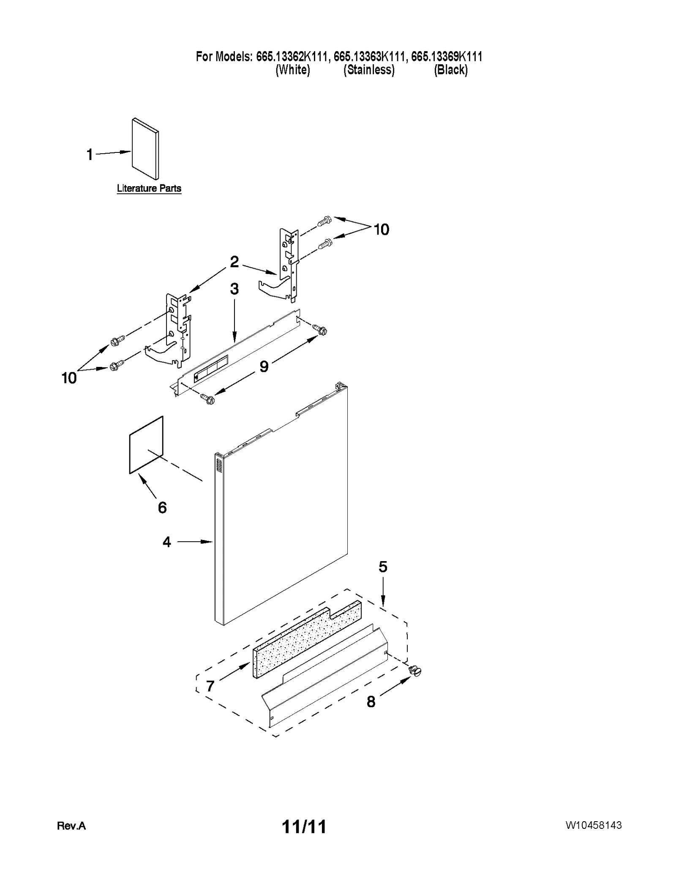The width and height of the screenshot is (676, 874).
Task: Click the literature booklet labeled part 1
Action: [x=145, y=149]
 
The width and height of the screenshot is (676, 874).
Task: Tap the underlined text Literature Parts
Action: [x=149, y=188]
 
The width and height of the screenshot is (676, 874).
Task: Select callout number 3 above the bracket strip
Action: [x=234, y=289]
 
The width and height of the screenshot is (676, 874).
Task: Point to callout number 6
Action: [x=162, y=508]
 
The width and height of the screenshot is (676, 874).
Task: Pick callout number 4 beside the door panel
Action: [x=167, y=542]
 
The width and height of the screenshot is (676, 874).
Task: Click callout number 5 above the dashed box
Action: [x=383, y=567]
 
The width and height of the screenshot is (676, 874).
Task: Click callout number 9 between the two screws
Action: [x=264, y=366]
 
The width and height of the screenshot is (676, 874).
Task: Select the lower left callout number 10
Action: [x=69, y=378]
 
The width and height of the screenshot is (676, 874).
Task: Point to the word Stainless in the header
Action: [x=369, y=70]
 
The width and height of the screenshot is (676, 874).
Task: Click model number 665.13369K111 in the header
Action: [x=447, y=56]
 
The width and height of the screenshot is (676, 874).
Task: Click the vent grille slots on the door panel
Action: [x=218, y=465]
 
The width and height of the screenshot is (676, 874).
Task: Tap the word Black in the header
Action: [x=451, y=70]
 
